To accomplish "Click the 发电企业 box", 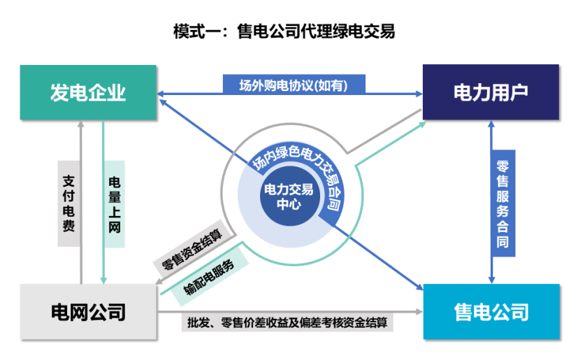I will [x=87, y=92].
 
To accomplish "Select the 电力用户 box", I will [x=491, y=92].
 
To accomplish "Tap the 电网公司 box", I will [x=87, y=311].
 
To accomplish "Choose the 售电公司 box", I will [x=491, y=311].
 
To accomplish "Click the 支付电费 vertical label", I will [x=68, y=203].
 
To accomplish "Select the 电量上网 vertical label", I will [x=115, y=203].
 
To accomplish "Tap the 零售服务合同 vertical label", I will [x=503, y=203].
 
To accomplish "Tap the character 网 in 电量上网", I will [x=115, y=227].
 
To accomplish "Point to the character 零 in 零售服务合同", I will [x=503, y=166].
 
